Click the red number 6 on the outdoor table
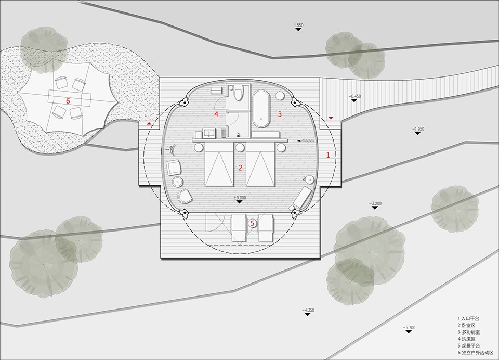coord(68,101)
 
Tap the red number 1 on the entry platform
coord(329,156)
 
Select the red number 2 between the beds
coord(241,168)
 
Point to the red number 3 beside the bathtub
coord(280,114)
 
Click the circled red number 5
coord(253,223)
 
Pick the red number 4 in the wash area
coord(216,114)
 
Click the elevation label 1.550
coord(298,25)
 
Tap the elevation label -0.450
coord(354,96)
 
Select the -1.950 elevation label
coord(418,129)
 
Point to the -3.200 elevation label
coord(375,203)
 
